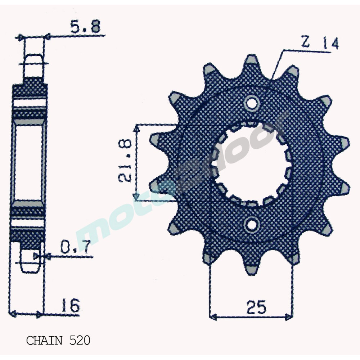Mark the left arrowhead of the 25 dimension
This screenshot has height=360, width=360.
pos(213,317)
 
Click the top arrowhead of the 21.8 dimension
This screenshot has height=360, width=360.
pos(137,127)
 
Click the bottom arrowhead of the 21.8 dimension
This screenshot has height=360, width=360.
pos(137,195)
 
